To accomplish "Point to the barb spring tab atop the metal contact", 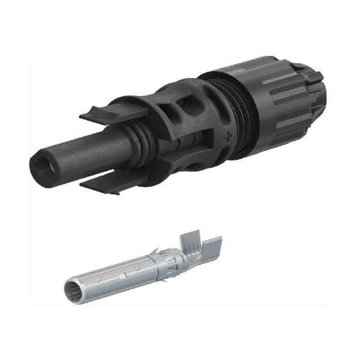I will pyautogui.click(x=155, y=250).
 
